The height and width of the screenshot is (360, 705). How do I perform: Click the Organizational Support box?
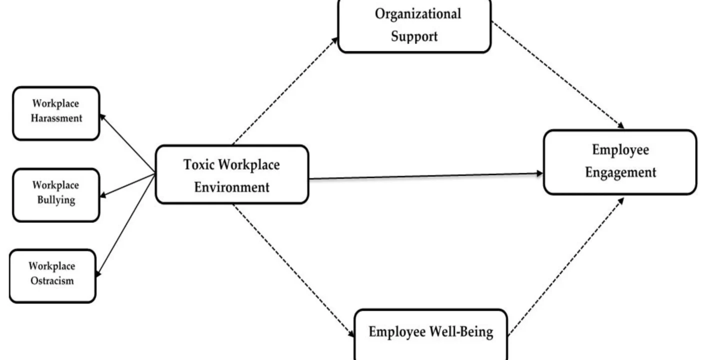pyautogui.click(x=414, y=25)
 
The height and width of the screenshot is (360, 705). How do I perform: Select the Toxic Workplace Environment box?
pyautogui.click(x=231, y=174)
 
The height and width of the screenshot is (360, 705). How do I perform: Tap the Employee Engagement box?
pyautogui.click(x=619, y=161)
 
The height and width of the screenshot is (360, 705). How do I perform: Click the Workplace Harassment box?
pyautogui.click(x=56, y=112)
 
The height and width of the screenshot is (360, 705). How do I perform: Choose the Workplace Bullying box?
pyautogui.click(x=56, y=194)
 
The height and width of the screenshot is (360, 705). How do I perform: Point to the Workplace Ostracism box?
pyautogui.click(x=52, y=275)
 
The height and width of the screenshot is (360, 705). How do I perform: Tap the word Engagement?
pyautogui.click(x=620, y=172)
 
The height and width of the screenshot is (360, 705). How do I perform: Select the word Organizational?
pyautogui.click(x=418, y=14)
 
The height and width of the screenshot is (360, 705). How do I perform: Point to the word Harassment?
pyautogui.click(x=56, y=119)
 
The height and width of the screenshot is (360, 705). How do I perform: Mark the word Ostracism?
pyautogui.click(x=52, y=281)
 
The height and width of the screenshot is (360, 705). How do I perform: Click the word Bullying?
pyautogui.click(x=56, y=200)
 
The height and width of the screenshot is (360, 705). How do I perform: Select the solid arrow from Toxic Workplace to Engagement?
pyautogui.click(x=425, y=176)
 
